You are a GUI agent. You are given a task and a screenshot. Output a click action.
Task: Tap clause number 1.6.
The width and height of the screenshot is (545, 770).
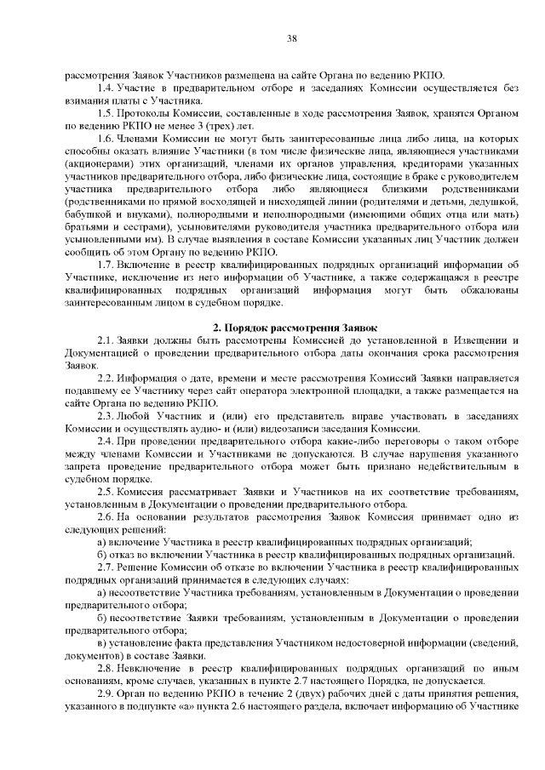(x=106, y=138)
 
